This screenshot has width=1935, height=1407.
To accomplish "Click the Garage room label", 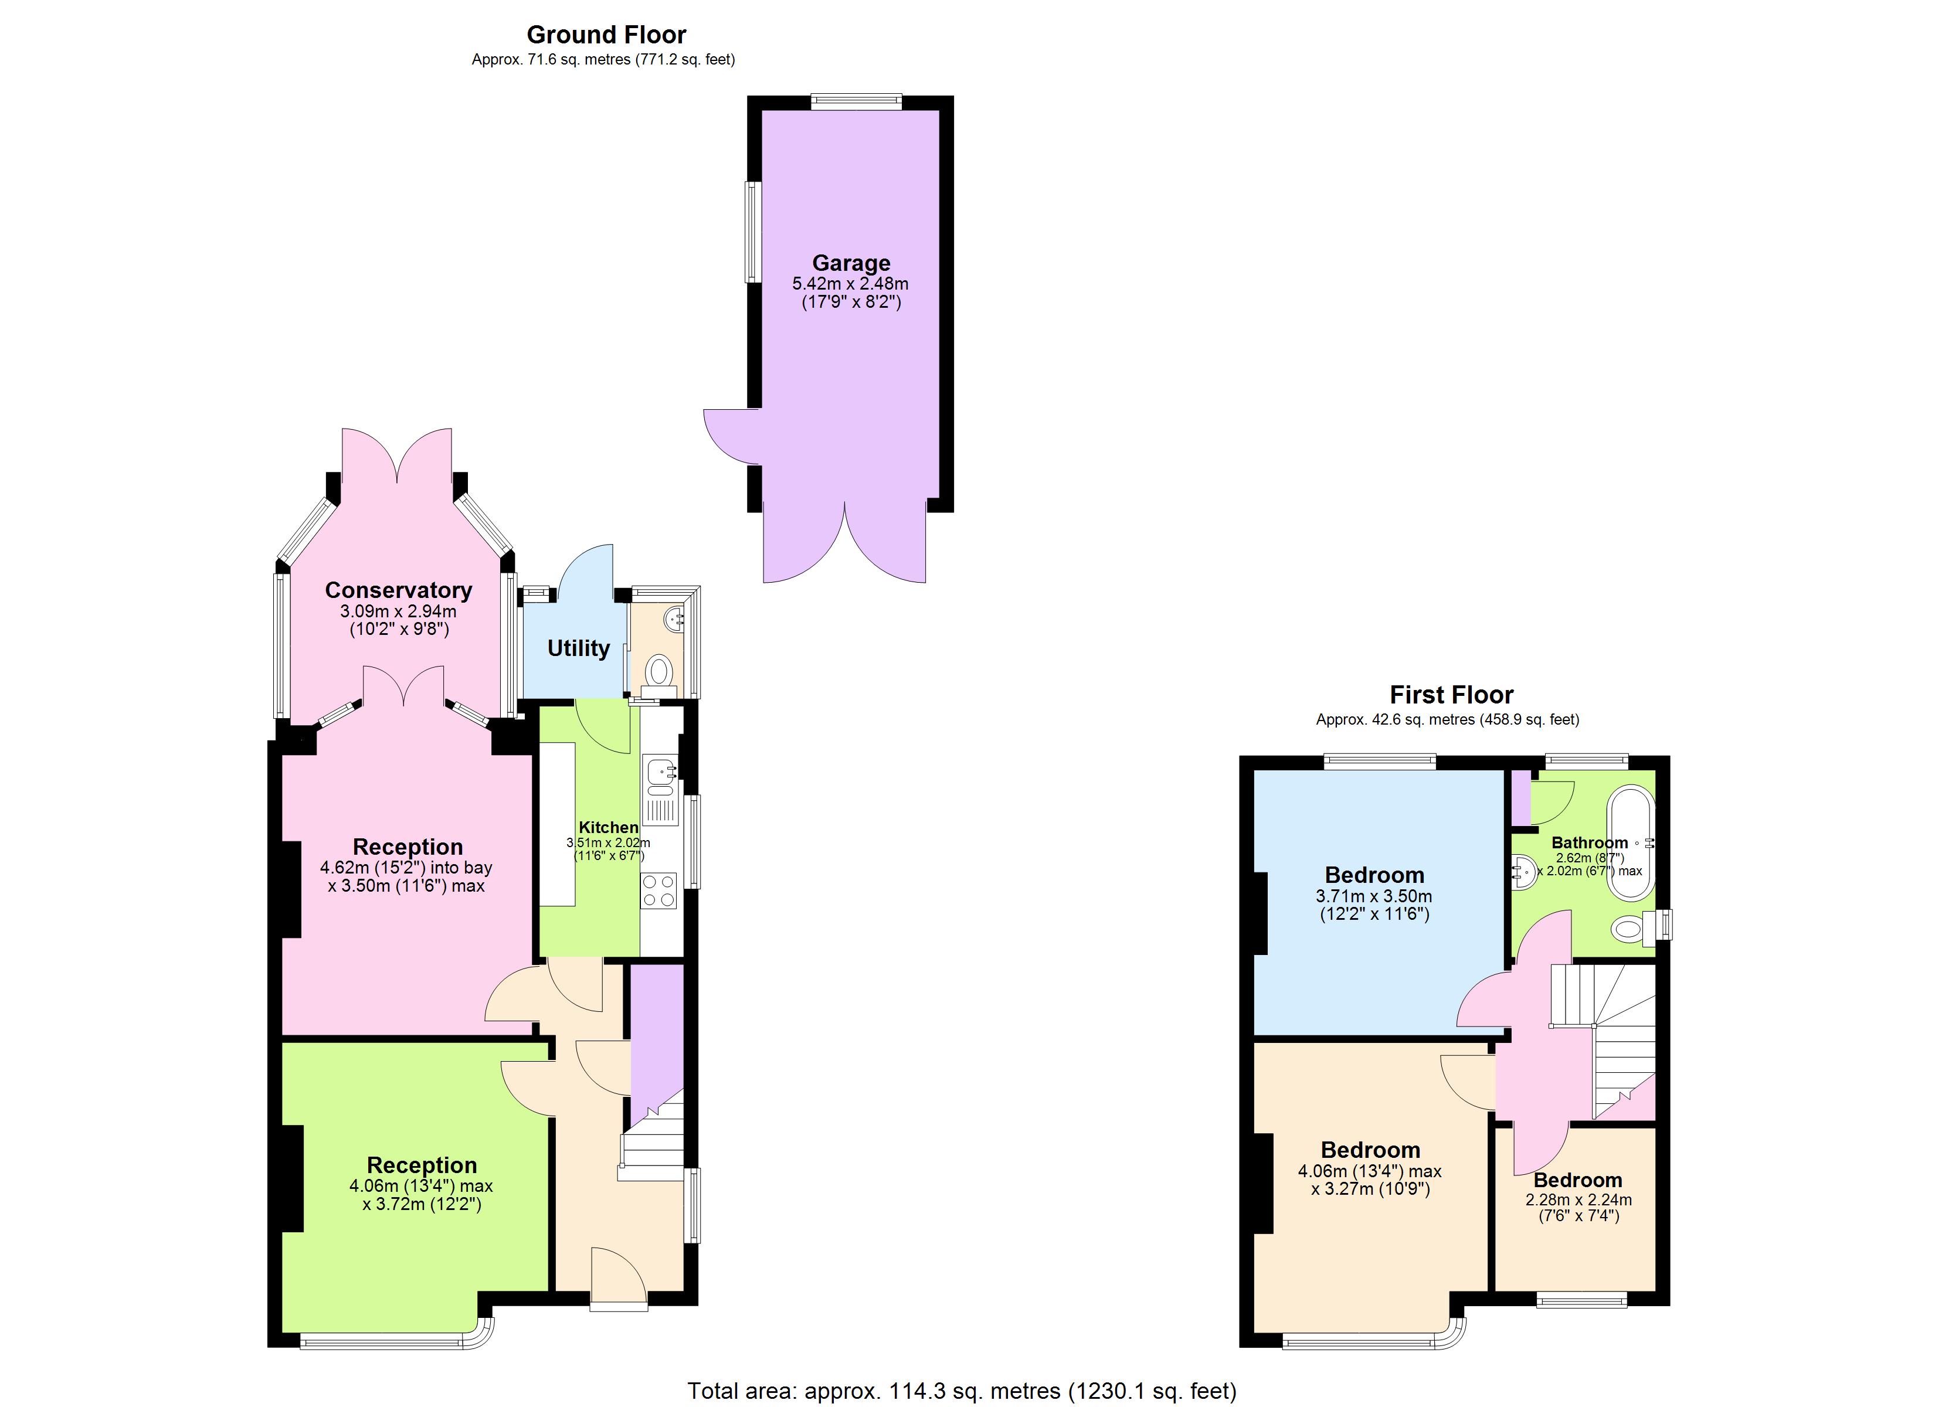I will pos(851,263).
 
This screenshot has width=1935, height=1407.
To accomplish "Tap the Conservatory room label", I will pos(398,590).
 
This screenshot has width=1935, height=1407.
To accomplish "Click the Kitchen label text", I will pos(608,827).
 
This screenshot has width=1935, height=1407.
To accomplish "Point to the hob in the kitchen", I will pos(658,890).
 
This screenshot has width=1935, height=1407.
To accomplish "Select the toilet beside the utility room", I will pos(658,670).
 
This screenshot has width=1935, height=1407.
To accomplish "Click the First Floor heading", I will pos(1451,695).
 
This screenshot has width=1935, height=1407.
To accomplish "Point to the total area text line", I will pos(962,1391).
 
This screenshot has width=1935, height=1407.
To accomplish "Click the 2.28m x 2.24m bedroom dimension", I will pos(1578,1199).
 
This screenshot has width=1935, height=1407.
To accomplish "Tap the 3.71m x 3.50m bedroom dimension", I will pos(1374,896).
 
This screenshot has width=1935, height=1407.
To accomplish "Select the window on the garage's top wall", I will pos(856,101).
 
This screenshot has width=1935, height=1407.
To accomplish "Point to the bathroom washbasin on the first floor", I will pos(1523,872).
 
